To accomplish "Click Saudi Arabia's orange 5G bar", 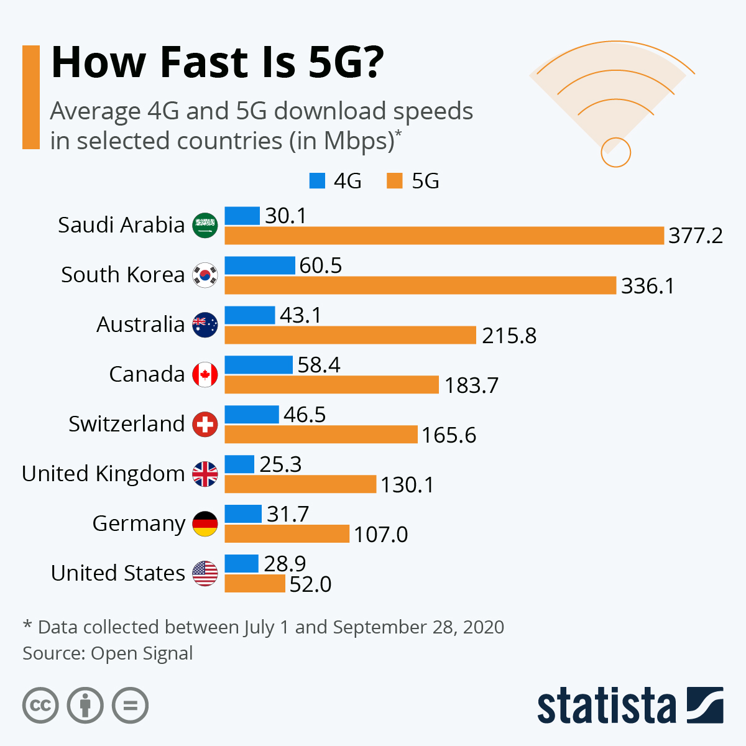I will point(444,236).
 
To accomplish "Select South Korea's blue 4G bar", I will point(259,265).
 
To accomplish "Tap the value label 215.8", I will point(509,336).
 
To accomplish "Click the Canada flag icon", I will point(205,374).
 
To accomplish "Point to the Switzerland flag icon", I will point(205,424).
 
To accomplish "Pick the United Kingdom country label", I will point(103,474).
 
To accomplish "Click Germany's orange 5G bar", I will point(287,534).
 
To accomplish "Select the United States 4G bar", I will point(241,564).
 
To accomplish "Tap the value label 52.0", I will point(310,584).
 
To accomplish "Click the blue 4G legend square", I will point(317,181).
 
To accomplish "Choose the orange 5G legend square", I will point(395,181).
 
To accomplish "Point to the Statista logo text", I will point(606,706).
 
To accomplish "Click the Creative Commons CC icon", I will point(40,706).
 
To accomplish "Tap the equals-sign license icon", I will point(130,706).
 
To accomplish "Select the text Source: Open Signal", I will point(108,653).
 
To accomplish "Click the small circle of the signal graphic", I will point(615,152).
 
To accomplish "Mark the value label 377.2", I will point(696,236).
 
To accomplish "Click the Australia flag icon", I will point(205,325).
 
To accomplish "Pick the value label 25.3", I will point(280,464).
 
